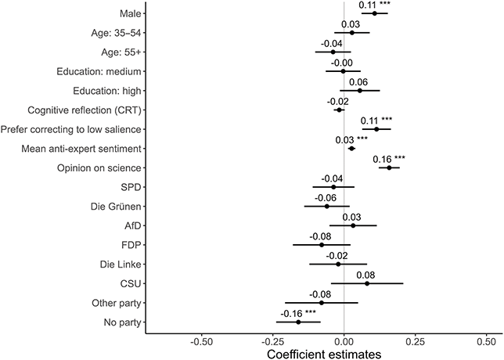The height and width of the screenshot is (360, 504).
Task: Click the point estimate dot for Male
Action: pyautogui.click(x=375, y=13)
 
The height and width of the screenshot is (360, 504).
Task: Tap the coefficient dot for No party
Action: pyautogui.click(x=298, y=322)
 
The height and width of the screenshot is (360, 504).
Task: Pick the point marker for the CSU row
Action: pyautogui.click(x=367, y=283)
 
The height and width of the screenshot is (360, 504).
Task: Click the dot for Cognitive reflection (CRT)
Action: pyautogui.click(x=339, y=110)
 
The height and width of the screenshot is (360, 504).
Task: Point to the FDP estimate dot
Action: pyautogui.click(x=322, y=244)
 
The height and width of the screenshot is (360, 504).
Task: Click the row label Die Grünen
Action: pyautogui.click(x=115, y=207)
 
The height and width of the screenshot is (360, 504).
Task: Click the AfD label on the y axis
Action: pyautogui.click(x=131, y=225)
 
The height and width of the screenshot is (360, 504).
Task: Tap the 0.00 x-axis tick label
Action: pyautogui.click(x=344, y=340)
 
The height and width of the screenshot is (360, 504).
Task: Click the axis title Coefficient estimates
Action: pyautogui.click(x=324, y=354)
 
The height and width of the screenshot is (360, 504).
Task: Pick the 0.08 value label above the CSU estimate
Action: pyautogui.click(x=365, y=275)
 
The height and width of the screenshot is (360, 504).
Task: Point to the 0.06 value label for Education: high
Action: pyautogui.click(x=358, y=81)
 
